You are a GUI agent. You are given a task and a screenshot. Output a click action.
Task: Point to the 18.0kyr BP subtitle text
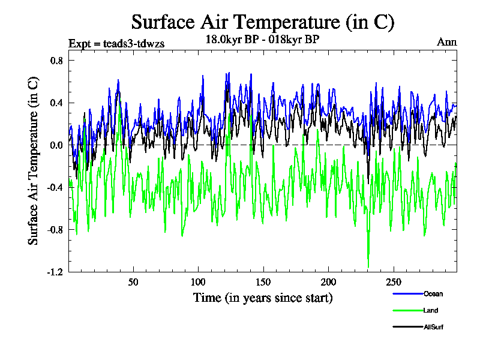262,40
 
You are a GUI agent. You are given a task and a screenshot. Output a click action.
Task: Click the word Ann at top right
446,42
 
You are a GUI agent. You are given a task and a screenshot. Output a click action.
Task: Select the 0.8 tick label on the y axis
56,61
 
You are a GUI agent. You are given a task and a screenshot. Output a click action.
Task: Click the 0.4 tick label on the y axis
56,103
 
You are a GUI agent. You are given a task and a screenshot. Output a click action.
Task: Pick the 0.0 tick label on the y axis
56,145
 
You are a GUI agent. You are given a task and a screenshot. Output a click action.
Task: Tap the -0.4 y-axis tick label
55,187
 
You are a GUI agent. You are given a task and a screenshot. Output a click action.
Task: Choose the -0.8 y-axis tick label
55,229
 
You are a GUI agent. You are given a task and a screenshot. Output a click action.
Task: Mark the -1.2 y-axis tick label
55,272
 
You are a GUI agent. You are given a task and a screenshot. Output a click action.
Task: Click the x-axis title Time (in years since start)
262,298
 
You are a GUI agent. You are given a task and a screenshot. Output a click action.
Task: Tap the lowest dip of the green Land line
368,266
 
